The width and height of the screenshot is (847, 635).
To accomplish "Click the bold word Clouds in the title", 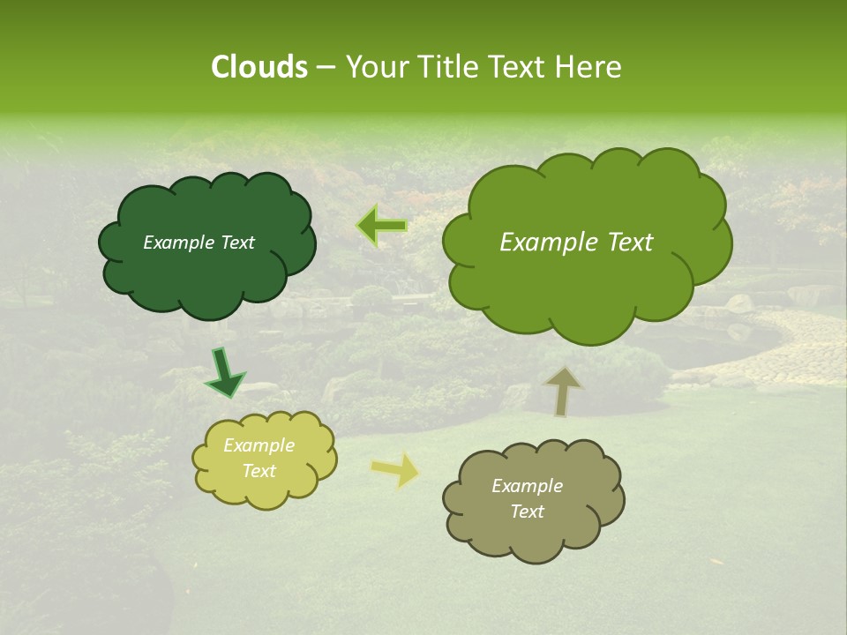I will click(x=259, y=67).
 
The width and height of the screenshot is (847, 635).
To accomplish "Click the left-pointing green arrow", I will click(x=382, y=226).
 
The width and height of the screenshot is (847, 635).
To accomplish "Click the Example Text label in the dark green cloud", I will click(x=199, y=243).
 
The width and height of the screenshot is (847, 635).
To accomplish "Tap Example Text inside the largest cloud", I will click(x=576, y=243).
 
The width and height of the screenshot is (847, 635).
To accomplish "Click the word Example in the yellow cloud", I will click(x=259, y=445).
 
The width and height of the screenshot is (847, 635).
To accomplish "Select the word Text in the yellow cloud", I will click(x=259, y=471).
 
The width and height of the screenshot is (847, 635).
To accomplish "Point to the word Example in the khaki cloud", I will click(x=527, y=486).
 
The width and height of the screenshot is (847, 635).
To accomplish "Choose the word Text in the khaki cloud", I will click(x=527, y=512).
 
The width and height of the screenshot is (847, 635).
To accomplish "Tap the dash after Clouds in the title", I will click(x=325, y=67).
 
